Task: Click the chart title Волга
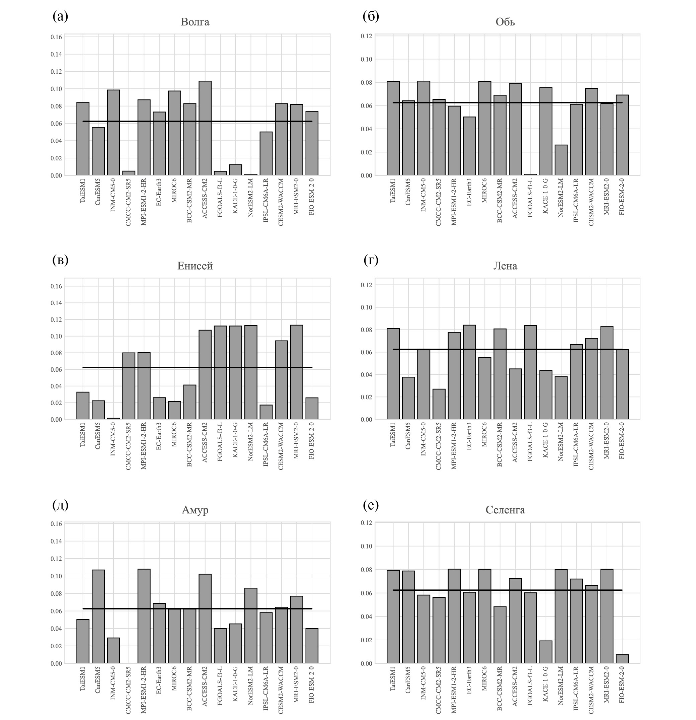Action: (195, 22)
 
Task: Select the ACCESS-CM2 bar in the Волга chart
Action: (205, 128)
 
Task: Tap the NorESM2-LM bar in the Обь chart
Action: (561, 160)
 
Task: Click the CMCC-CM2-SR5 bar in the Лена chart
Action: (439, 404)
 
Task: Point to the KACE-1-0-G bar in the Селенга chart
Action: (546, 652)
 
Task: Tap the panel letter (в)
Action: (61, 260)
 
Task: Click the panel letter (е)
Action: (371, 505)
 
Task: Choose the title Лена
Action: (505, 266)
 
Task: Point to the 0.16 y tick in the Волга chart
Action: (56, 37)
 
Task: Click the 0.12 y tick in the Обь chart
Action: (366, 36)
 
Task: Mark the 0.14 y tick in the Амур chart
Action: (56, 542)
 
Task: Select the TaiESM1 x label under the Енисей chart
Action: (83, 435)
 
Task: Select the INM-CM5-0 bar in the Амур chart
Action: (113, 651)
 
